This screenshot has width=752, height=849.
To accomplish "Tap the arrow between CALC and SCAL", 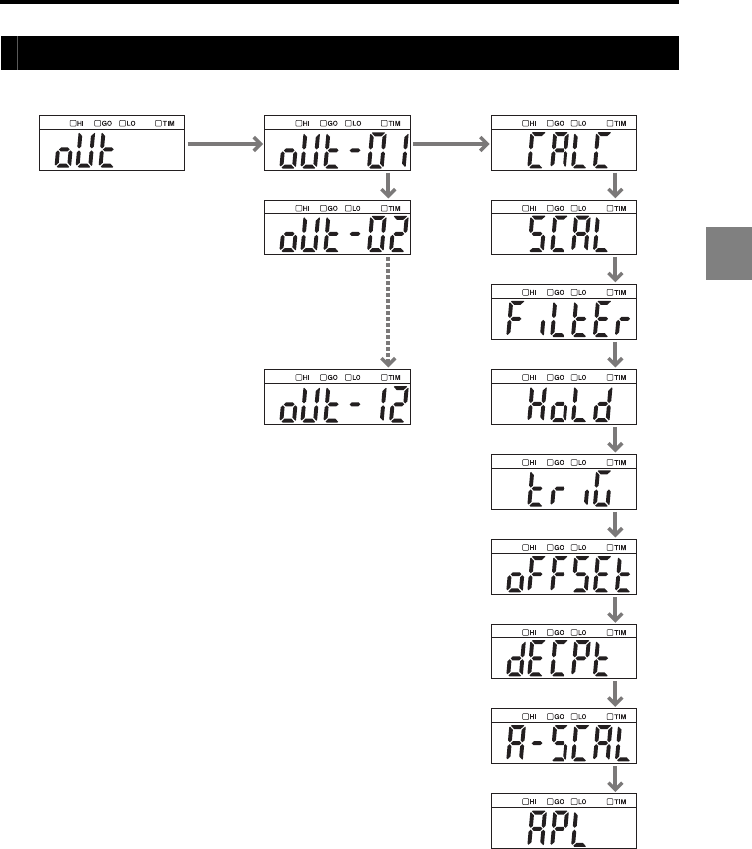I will tap(616, 185).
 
